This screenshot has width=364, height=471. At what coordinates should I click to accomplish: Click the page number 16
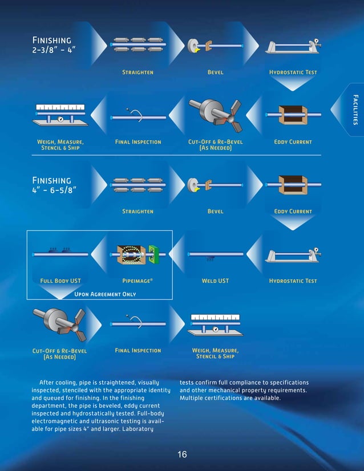pyautogui.click(x=182, y=454)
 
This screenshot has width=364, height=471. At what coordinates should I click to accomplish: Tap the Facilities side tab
pyautogui.click(x=355, y=109)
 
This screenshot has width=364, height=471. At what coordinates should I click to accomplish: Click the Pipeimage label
pyautogui.click(x=137, y=281)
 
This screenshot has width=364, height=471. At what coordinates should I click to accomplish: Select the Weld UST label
pyautogui.click(x=215, y=281)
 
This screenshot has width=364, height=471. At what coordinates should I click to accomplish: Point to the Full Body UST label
pyautogui.click(x=60, y=281)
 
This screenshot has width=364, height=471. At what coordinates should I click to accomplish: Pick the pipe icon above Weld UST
pyautogui.click(x=216, y=254)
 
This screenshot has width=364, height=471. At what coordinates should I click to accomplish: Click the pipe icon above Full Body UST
pyautogui.click(x=60, y=254)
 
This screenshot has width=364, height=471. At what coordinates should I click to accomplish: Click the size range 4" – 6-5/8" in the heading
pyautogui.click(x=55, y=190)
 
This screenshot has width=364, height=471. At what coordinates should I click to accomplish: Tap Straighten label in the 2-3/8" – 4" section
pyautogui.click(x=137, y=72)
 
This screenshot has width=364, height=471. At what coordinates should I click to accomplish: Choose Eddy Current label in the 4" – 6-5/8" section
pyautogui.click(x=293, y=212)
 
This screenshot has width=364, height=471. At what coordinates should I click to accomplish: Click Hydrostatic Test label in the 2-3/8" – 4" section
pyautogui.click(x=293, y=72)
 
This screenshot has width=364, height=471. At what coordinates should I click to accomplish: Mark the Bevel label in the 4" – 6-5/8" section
pyautogui.click(x=215, y=212)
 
